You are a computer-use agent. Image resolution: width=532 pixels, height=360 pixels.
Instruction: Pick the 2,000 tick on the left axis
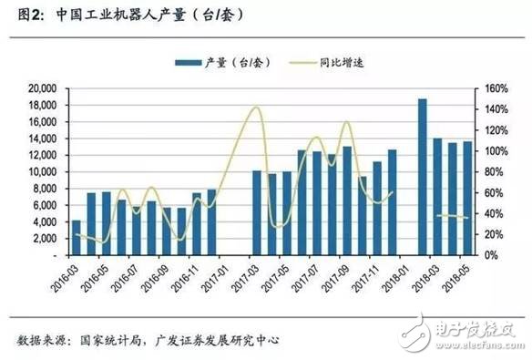39,239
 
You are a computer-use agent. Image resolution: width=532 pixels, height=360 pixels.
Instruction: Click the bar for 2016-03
76,238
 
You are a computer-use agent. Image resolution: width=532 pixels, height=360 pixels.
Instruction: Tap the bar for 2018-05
467,199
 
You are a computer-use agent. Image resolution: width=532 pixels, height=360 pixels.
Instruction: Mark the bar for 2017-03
257,213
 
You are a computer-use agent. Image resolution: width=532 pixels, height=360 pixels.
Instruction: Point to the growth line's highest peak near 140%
256,108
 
